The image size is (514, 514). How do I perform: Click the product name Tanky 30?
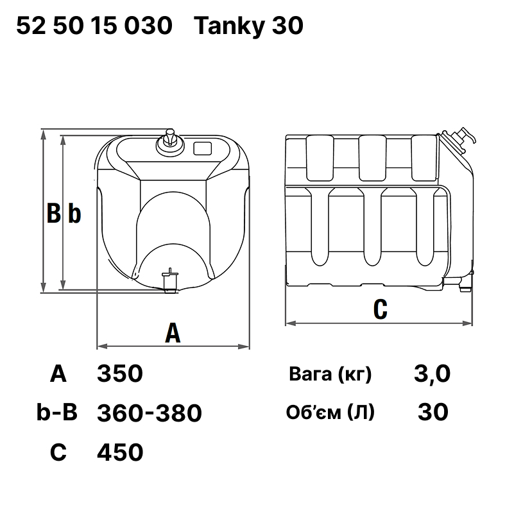click(248, 26)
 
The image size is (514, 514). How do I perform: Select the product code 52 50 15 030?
click(94, 26)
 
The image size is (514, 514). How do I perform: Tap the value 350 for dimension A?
click(119, 373)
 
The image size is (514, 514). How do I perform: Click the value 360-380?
click(149, 413)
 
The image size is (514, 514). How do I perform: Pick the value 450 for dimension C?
click(120, 452)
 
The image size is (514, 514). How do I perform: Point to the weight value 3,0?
click(433, 373)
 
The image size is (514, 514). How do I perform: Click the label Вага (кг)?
click(330, 374)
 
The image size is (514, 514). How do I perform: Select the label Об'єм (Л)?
click(330, 413)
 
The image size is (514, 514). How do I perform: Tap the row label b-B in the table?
click(57, 413)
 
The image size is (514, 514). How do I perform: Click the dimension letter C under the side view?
click(380, 309)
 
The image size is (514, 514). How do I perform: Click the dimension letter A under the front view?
click(173, 333)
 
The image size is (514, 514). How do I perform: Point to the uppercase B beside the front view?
click(54, 213)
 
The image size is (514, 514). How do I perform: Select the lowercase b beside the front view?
click(74, 214)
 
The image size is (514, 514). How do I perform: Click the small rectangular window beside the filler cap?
click(203, 148)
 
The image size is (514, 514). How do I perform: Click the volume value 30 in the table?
click(433, 412)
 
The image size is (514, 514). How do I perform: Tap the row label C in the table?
click(58, 452)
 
